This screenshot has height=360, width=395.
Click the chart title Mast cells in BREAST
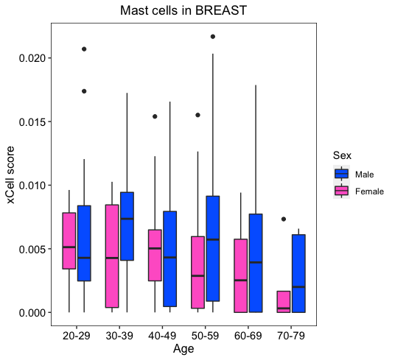(183, 10)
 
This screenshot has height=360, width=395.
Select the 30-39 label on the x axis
(119, 336)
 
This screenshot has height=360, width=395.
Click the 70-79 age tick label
(291, 336)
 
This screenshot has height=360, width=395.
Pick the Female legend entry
(358, 191)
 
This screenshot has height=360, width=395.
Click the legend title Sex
(342, 155)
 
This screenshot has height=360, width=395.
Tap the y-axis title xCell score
(10, 174)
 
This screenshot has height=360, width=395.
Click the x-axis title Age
(183, 349)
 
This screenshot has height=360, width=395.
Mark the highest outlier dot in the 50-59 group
(213, 37)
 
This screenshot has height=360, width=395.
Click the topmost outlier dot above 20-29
(84, 49)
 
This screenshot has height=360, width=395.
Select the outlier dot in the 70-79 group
(284, 219)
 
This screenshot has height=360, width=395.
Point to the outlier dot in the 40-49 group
(155, 116)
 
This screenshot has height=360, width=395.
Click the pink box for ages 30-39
(112, 256)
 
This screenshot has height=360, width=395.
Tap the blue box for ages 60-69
(256, 263)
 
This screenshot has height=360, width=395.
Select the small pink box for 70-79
(284, 302)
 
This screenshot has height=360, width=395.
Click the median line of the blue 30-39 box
(127, 219)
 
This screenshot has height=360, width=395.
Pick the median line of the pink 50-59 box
(197, 276)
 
